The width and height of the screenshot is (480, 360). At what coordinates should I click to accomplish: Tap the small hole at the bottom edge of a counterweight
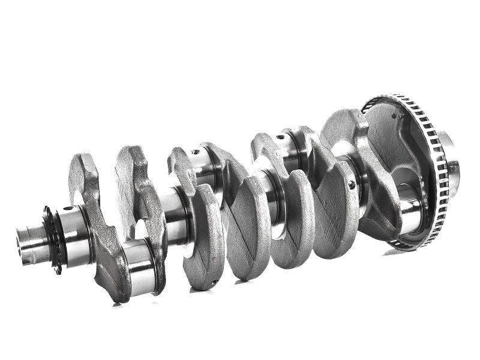click(213, 283)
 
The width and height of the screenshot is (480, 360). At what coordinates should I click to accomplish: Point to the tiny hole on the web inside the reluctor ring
click(394, 116)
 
